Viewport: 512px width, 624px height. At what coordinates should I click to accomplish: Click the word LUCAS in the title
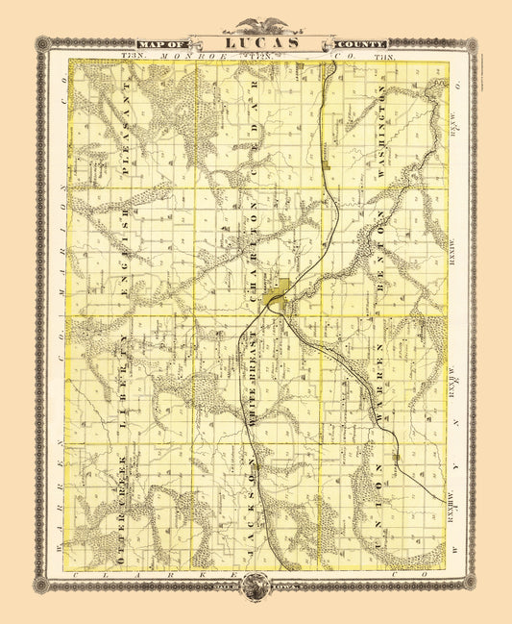[256, 43]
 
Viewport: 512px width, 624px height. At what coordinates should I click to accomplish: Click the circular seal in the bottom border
[256, 584]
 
